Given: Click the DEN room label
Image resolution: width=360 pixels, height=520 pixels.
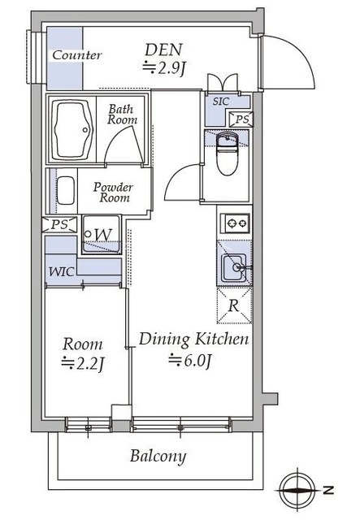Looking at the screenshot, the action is pos(163,50).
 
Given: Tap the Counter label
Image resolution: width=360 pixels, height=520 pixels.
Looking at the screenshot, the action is pos(77,55).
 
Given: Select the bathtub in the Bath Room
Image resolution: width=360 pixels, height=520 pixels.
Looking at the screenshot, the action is pos(72,130).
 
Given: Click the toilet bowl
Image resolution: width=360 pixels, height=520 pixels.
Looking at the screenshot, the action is pos(227,154).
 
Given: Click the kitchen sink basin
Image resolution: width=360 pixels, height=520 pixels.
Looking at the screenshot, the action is pos(234,267).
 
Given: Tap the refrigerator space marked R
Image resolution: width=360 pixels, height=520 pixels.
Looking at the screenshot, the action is pos(234,305).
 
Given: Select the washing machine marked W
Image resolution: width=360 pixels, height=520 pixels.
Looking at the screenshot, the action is pos(102,235).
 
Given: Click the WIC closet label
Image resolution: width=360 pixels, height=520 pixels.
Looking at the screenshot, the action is pos(62,272).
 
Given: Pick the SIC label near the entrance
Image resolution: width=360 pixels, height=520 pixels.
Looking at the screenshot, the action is pos(221,102).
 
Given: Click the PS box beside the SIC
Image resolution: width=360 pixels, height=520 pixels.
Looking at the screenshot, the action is pos(241,119).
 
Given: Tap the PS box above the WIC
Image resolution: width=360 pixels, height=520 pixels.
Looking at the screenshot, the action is pos(59,224).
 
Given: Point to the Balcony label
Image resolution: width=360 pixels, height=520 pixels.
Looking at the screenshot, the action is pos(158,457).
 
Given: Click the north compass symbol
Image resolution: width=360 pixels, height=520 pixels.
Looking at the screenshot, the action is pos(297,490).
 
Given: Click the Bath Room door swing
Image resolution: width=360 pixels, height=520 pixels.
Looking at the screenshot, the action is pos(121,141).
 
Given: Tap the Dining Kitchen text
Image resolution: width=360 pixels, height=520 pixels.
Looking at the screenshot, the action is pos(193,340).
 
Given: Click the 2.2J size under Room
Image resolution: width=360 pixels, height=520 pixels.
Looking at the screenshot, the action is pos(83,364).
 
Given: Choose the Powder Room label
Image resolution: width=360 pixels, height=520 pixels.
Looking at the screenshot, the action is pos(113,193).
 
